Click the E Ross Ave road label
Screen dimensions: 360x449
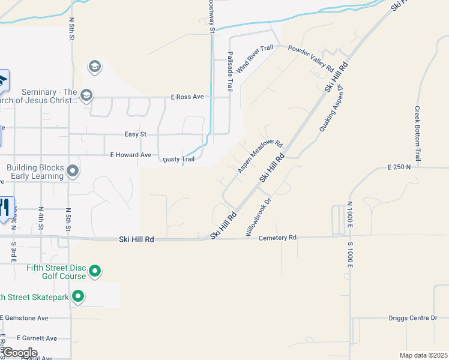(187, 97)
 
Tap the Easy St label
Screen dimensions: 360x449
(135, 134)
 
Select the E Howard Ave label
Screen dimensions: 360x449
(131, 155)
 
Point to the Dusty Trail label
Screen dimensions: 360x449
(179, 160)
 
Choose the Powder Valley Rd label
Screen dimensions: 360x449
(311, 59)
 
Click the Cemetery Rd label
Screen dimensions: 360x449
(277, 238)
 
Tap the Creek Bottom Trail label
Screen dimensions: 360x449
(417, 133)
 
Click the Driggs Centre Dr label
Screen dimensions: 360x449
(412, 317)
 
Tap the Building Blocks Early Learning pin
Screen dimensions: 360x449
(73, 172)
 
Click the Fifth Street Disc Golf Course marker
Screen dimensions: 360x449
(94, 272)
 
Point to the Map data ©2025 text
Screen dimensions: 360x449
(423, 355)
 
